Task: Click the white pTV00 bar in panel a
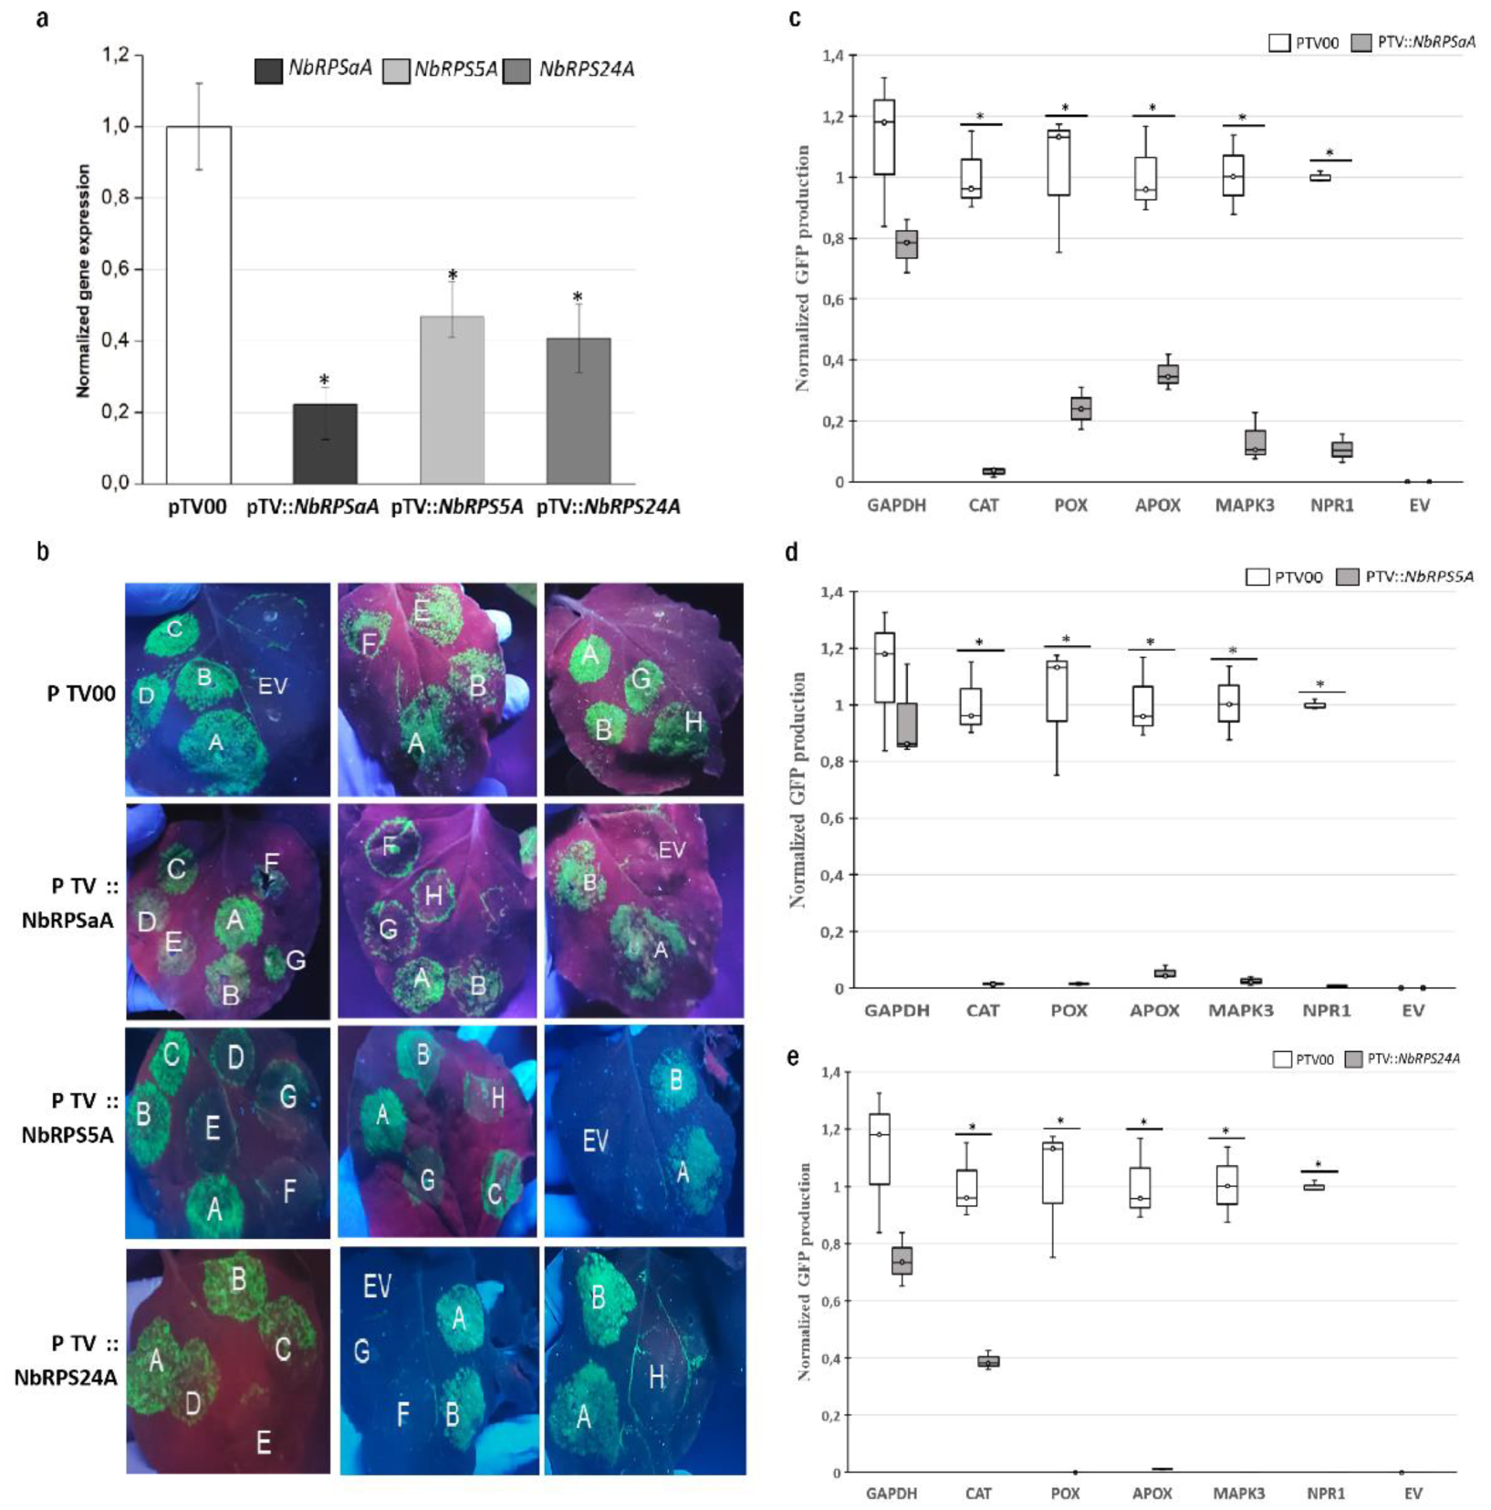[x=198, y=305]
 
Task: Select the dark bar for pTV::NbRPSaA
[x=325, y=443]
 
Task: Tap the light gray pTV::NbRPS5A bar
[x=452, y=400]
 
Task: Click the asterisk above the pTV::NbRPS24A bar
[x=577, y=298]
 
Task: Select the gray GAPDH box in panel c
[x=906, y=245]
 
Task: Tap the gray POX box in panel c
[x=1080, y=408]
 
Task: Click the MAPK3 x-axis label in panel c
[x=1244, y=505]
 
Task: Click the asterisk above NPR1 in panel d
[x=1319, y=685]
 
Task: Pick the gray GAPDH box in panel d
[x=907, y=725]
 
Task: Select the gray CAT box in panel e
[x=988, y=1361]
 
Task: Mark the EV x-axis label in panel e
[x=1413, y=1494]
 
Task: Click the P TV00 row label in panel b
[x=81, y=693]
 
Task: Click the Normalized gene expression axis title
[x=83, y=281]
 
